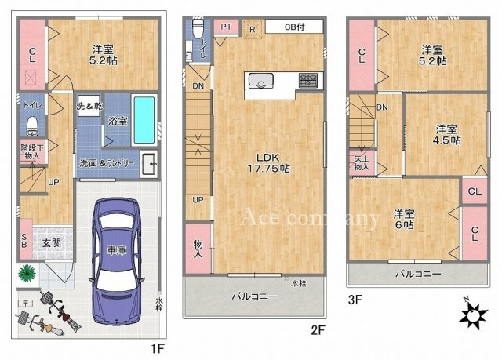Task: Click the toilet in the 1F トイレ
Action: click(x=32, y=125)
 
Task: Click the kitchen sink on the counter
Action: click(x=260, y=80)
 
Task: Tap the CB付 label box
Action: click(x=293, y=26)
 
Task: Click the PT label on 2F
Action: click(x=225, y=26)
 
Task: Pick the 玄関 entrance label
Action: click(x=52, y=242)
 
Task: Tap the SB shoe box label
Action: click(x=24, y=242)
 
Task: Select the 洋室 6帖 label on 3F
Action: click(x=402, y=219)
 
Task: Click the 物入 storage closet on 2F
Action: click(x=198, y=249)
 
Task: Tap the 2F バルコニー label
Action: click(x=254, y=296)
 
